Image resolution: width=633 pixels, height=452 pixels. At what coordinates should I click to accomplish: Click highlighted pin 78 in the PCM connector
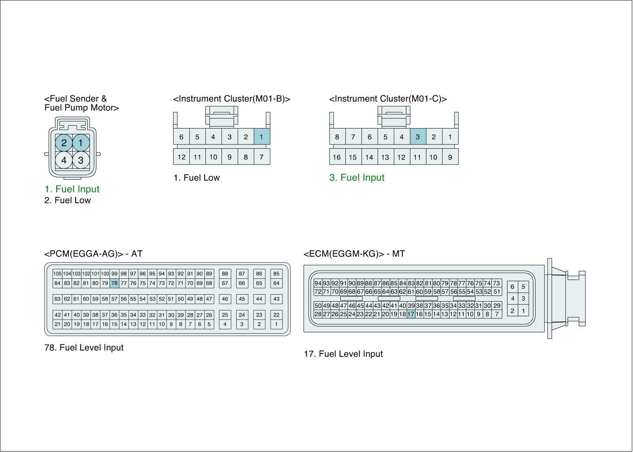pyautogui.click(x=114, y=283)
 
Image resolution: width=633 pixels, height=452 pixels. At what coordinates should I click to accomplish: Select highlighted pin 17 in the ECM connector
pyautogui.click(x=411, y=314)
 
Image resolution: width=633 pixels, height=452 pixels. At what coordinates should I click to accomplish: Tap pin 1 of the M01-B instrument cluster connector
pyautogui.click(x=262, y=137)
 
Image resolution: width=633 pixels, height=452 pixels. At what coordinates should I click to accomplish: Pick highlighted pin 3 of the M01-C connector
pyautogui.click(x=417, y=137)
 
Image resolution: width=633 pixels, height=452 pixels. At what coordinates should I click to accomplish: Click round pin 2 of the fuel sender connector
pyautogui.click(x=64, y=143)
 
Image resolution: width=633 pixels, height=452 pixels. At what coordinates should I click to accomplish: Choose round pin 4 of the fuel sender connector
pyautogui.click(x=64, y=160)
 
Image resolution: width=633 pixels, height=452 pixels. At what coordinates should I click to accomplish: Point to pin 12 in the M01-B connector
pyautogui.click(x=182, y=157)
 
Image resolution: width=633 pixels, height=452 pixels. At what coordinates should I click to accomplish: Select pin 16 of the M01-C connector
pyautogui.click(x=337, y=157)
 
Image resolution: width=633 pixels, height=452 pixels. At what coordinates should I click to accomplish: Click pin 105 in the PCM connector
pyautogui.click(x=57, y=274)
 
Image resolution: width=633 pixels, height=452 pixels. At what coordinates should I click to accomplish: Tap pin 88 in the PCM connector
pyautogui.click(x=225, y=274)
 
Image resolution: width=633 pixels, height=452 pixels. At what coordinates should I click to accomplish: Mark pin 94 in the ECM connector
pyautogui.click(x=318, y=283)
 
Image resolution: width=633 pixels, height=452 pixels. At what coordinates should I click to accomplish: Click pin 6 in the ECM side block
pyautogui.click(x=512, y=287)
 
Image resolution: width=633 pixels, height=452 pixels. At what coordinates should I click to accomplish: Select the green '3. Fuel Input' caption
pyautogui.click(x=357, y=178)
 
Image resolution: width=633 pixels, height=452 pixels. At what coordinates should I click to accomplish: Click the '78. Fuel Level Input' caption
pyautogui.click(x=84, y=348)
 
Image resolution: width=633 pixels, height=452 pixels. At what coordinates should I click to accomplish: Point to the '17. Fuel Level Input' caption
pyautogui.click(x=343, y=354)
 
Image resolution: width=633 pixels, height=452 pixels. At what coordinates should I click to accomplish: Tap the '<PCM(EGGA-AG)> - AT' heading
pyautogui.click(x=93, y=253)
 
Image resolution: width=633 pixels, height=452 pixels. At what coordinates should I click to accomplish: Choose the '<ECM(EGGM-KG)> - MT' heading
pyautogui.click(x=354, y=253)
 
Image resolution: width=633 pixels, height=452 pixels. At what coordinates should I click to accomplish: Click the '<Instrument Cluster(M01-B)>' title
pyautogui.click(x=232, y=99)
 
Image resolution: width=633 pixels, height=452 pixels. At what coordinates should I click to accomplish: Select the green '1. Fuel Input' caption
pyautogui.click(x=72, y=189)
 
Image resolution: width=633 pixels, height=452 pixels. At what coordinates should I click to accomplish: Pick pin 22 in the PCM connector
pyautogui.click(x=276, y=315)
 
